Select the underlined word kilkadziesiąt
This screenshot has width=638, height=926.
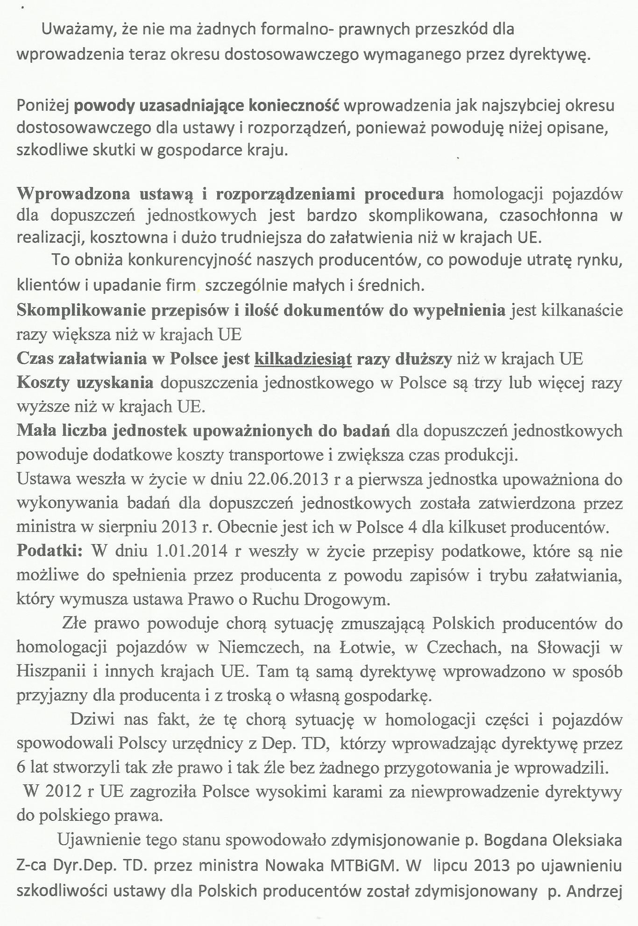(x=303, y=359)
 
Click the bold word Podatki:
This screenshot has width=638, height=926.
(x=50, y=551)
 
